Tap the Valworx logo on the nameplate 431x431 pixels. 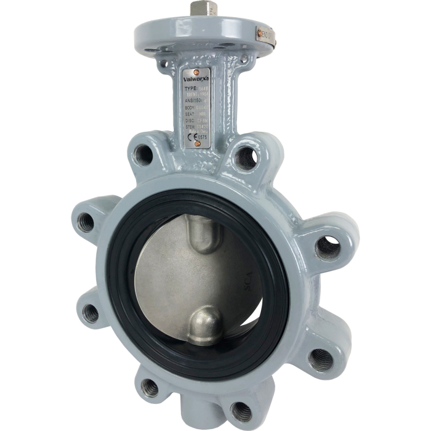[x=196, y=79]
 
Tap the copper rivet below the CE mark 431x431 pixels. [x=196, y=144]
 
